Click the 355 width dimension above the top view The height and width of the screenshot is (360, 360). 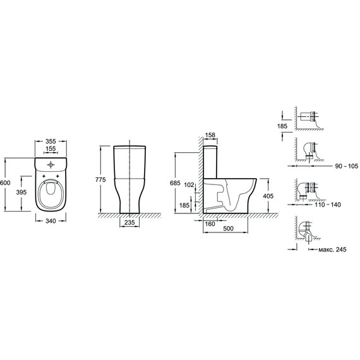tap(51, 141)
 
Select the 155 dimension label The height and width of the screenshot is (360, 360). tap(51, 149)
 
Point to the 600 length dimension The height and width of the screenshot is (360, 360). tap(5, 183)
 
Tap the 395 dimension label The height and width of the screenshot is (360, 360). tap(21, 192)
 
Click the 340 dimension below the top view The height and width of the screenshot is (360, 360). tap(51, 221)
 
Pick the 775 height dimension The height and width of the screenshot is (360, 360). tap(100, 179)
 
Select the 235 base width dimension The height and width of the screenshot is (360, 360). tap(129, 222)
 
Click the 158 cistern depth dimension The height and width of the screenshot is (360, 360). tap(210, 135)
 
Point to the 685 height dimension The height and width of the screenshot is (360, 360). tap(175, 183)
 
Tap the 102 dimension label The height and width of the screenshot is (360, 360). tap(189, 184)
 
